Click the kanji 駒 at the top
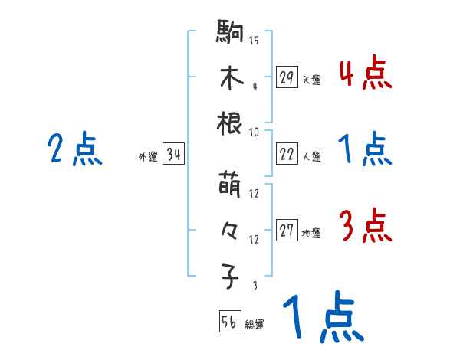[x=231, y=35]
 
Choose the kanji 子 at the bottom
[x=231, y=277]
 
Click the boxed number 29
[x=287, y=77]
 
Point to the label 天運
[x=311, y=80]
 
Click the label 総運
[x=255, y=324]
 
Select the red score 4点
[x=365, y=74]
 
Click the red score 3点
[x=365, y=227]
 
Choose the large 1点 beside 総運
[x=323, y=317]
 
